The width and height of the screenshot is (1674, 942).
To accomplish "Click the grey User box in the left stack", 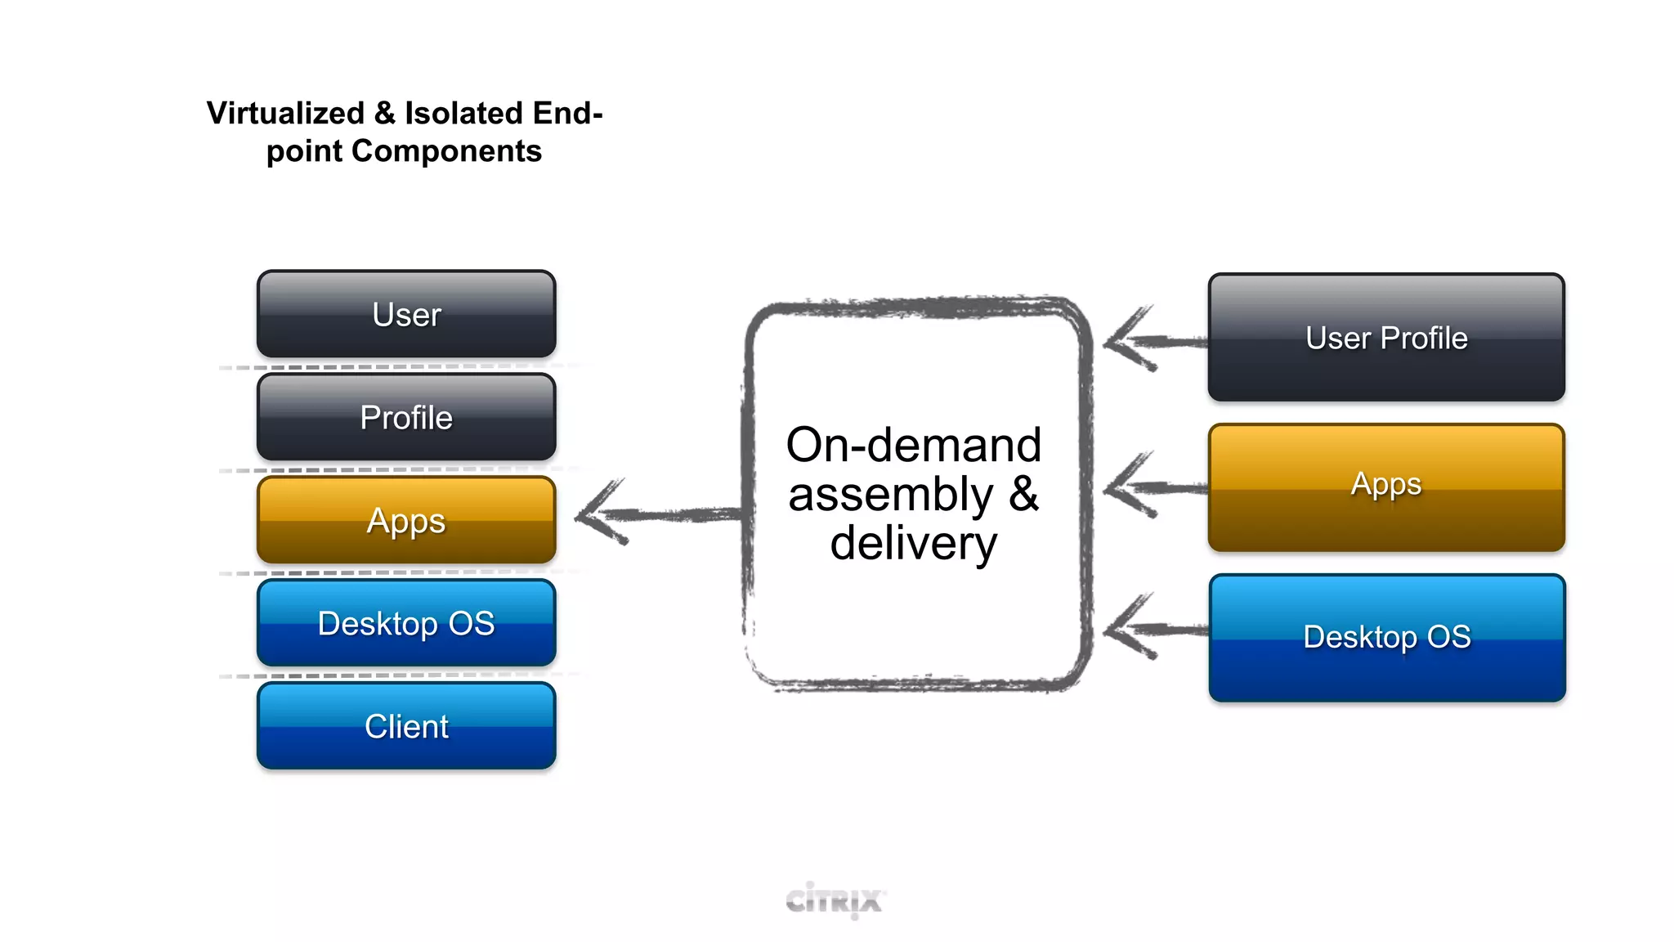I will (406, 314).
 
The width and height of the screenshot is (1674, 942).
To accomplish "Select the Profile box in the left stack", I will (406, 417).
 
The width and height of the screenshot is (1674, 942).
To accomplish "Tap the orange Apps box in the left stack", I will (406, 520).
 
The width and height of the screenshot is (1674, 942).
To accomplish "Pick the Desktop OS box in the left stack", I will (406, 623).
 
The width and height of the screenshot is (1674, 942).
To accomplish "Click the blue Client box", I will (406, 726).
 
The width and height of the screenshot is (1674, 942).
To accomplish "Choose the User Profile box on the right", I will (1386, 338).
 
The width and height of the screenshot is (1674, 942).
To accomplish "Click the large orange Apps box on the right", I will (1386, 487).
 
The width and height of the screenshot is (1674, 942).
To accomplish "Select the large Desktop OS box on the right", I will (1386, 637).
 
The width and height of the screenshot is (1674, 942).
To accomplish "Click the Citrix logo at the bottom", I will (835, 900).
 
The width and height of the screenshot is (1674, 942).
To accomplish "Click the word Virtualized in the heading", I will (285, 113).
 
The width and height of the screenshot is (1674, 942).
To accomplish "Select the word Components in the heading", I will (446, 151).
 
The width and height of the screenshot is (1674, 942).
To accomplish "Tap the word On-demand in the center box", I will (913, 446).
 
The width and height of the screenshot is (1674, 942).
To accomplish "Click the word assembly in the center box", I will (890, 495).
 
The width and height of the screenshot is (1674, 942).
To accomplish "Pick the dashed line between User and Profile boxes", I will (392, 366).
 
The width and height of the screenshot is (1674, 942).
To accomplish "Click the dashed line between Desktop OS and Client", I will (392, 675).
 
